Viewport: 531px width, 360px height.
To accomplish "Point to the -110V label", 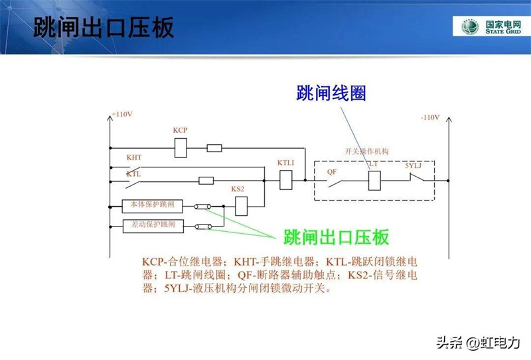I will pos(429,118).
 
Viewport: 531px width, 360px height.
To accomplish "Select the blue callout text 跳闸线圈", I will pos(331,94).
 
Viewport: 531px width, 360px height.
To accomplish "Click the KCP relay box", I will pos(181,147).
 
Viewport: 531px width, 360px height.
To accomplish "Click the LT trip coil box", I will pos(374,179).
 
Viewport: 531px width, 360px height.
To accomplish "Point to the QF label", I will pos(332,171).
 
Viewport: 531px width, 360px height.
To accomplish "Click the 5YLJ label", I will pos(414,164).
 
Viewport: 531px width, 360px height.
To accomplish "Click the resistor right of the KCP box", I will pos(214,148).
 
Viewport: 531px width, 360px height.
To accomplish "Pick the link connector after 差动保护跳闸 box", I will pos(202,226).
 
